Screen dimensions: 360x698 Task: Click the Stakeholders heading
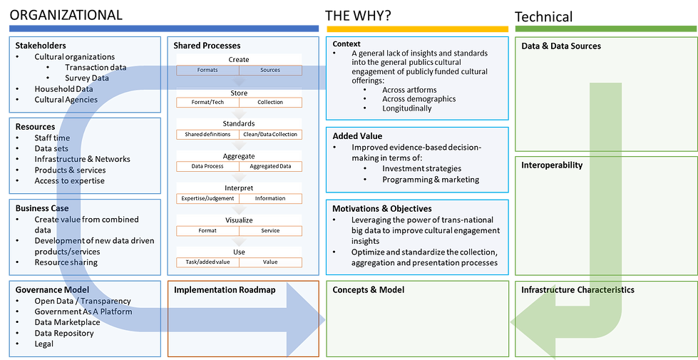[41, 46]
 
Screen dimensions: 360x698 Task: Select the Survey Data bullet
[86, 78]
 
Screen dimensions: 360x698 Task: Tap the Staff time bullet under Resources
[52, 138]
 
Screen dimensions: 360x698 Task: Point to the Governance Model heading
[52, 289]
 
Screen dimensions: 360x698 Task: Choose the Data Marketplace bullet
[67, 322]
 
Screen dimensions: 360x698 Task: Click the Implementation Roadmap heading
[224, 289]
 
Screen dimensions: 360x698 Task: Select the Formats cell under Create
[207, 70]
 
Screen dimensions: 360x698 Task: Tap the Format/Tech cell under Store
[207, 102]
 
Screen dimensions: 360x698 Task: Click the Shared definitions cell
[207, 134]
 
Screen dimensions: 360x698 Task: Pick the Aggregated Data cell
[270, 166]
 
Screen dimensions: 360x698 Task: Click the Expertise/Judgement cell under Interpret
[207, 198]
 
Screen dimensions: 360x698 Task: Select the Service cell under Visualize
[270, 230]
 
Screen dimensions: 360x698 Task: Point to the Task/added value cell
[207, 262]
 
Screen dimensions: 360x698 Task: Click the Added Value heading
[356, 135]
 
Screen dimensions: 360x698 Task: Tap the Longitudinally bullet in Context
[406, 108]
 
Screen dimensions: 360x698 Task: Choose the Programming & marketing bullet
[431, 180]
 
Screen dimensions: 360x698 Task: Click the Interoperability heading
[552, 165]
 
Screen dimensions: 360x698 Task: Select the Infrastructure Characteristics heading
[578, 289]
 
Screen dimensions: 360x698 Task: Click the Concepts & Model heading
[369, 289]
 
